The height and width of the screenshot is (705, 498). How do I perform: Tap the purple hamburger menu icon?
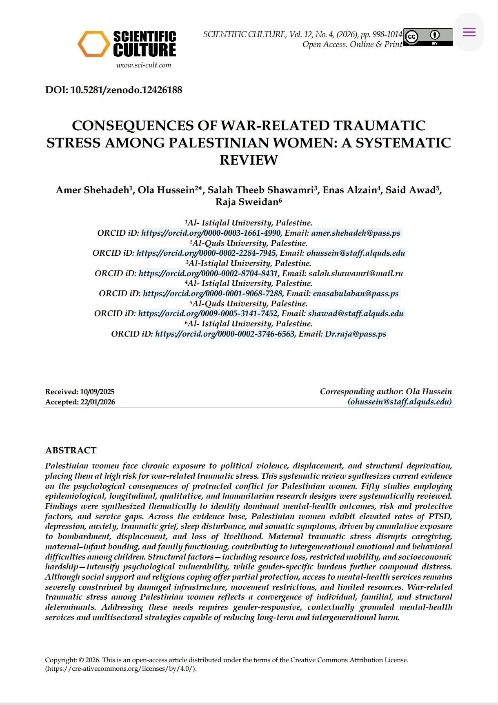pos(469,32)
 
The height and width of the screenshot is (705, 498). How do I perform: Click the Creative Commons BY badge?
pos(428,37)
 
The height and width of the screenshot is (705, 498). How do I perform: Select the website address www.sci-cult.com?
pos(144,65)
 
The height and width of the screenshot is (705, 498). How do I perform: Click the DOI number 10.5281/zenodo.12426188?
pos(126,90)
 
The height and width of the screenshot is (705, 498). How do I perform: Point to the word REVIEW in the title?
pos(249,160)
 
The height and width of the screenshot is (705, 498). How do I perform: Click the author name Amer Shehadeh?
pos(93,190)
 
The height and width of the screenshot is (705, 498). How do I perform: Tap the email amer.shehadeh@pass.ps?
pos(356,233)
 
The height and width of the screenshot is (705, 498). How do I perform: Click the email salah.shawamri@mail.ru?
pos(356,273)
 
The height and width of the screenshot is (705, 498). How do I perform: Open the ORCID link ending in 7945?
pos(206,253)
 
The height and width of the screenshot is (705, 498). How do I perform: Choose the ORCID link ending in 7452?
pos(208,314)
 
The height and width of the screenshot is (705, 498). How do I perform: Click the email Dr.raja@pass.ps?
pos(356,334)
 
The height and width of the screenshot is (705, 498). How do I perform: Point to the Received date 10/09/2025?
pos(97,392)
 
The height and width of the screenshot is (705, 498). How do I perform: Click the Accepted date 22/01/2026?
pos(98,402)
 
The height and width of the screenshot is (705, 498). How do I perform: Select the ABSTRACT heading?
pos(71,450)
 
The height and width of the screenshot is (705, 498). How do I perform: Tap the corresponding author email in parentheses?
pos(400,402)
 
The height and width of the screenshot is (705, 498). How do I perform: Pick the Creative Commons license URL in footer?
pos(121,669)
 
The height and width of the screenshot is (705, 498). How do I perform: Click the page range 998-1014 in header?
pos(387,34)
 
